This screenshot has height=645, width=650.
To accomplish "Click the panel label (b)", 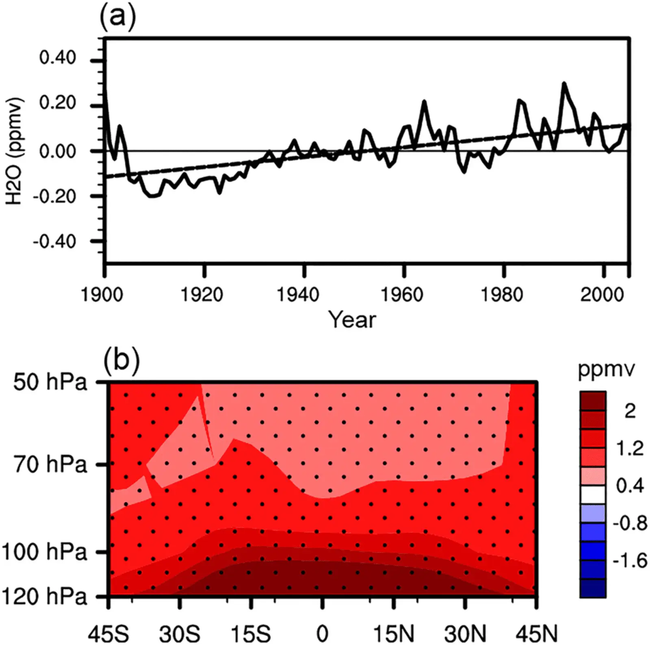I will [x=121, y=360].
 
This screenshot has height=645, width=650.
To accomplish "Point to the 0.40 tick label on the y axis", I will [x=57, y=57].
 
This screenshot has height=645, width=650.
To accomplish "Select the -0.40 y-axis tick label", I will [x=54, y=242].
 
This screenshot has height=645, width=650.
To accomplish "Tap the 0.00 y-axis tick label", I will [x=57, y=151].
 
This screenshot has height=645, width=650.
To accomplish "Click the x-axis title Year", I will [x=352, y=320].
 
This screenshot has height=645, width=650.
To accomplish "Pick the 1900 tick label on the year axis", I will [x=102, y=294].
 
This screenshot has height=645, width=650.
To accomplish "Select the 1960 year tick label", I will [x=401, y=294].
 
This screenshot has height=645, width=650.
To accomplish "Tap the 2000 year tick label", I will [x=602, y=294].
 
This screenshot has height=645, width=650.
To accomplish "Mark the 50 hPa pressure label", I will [x=50, y=382].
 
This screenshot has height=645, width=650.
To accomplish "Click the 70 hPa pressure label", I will [x=50, y=464].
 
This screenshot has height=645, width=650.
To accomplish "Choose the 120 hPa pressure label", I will [x=44, y=597].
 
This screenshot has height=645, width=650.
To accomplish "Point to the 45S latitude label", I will [x=108, y=634].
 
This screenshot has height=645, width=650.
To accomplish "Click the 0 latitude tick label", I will [x=322, y=634].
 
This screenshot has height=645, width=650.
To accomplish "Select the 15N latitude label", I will [x=394, y=634].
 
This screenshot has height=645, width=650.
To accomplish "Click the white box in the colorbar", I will [x=593, y=495].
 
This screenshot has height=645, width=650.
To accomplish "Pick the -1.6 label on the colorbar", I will [x=630, y=560].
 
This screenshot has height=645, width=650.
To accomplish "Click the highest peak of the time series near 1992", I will [x=564, y=83].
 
